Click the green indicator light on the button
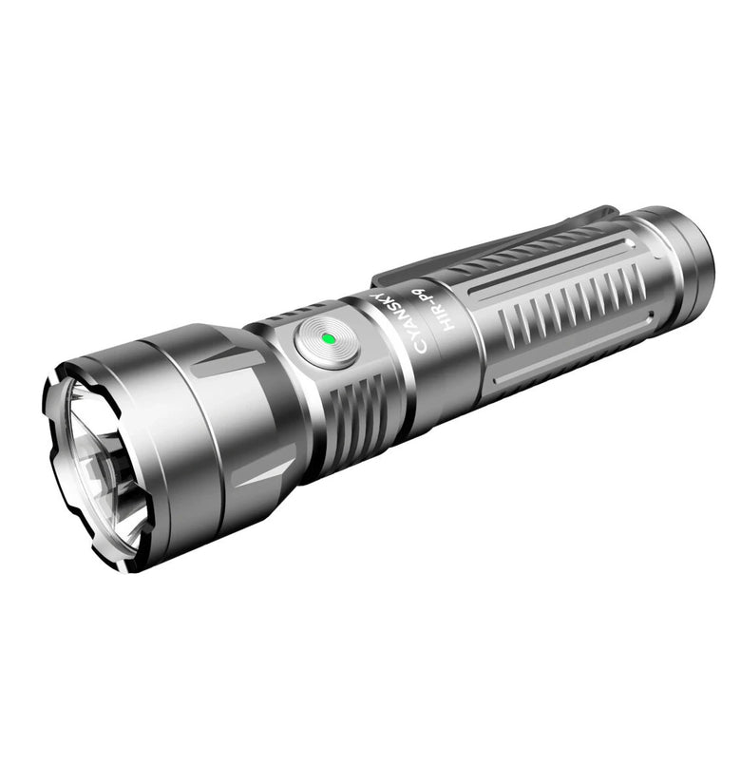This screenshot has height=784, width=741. [x=326, y=337]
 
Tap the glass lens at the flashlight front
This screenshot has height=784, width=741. [x=95, y=466]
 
